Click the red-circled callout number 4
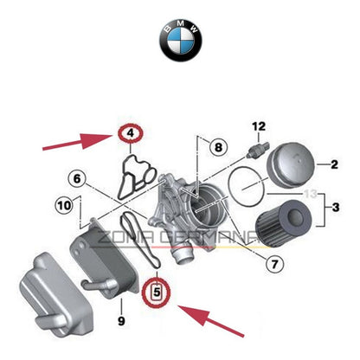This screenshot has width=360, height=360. pos(128,134)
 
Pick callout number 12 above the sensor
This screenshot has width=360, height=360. pos(256,127)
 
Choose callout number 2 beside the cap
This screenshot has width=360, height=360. pos(331,162)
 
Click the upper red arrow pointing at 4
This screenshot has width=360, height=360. pos(76,140)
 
